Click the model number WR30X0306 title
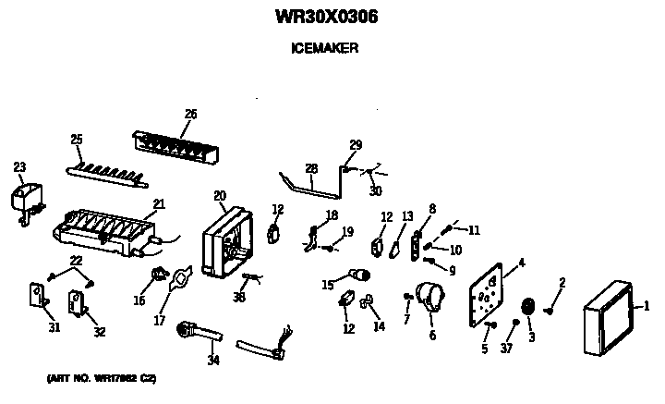[x=327, y=17]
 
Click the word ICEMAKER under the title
[x=327, y=49]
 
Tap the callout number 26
[x=190, y=115]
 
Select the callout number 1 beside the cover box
[x=646, y=306]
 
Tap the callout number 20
[x=219, y=195]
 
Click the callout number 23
[x=19, y=166]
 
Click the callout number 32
[x=99, y=333]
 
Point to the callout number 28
[x=311, y=168]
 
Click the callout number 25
[x=77, y=140]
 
